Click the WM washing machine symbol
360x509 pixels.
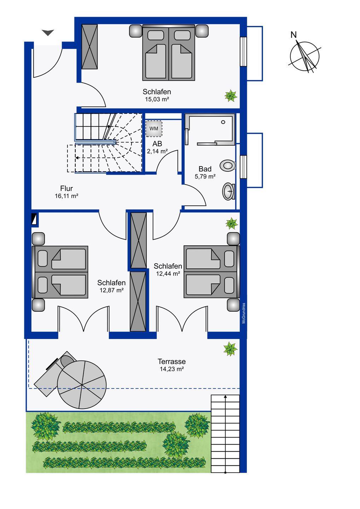pos(153,128)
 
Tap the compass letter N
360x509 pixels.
pos(294,35)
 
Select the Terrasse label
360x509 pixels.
pos(172,361)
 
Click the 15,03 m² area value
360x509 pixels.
pos(157,99)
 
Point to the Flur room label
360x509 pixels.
pos(66,188)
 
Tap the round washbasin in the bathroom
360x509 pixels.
pos(228,192)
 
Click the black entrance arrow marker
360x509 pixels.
pos(48,33)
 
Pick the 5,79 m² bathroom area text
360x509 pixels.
pos(205,176)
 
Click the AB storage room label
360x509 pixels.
pos(157,144)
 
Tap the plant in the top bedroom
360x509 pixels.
pos(231,96)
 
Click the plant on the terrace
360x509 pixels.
pos(231,349)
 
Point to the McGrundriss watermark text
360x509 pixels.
pos(244,313)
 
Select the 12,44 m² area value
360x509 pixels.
pos(168,274)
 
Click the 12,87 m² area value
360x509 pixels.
pos(112,290)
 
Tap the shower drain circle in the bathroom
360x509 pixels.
pos(223,122)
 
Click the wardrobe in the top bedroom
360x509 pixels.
pos(89,47)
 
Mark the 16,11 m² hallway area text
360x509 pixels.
pos(66,196)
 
